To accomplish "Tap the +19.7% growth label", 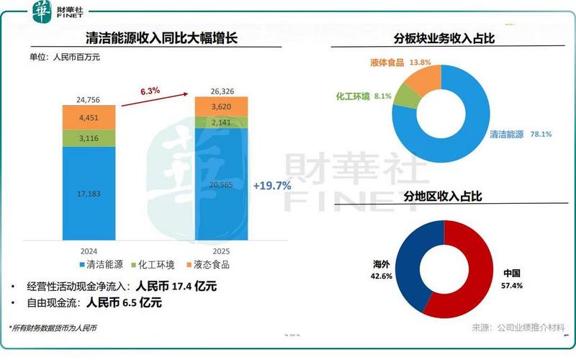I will [x=271, y=186].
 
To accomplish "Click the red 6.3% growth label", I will [x=150, y=90].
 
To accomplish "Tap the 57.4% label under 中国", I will [x=513, y=285].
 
